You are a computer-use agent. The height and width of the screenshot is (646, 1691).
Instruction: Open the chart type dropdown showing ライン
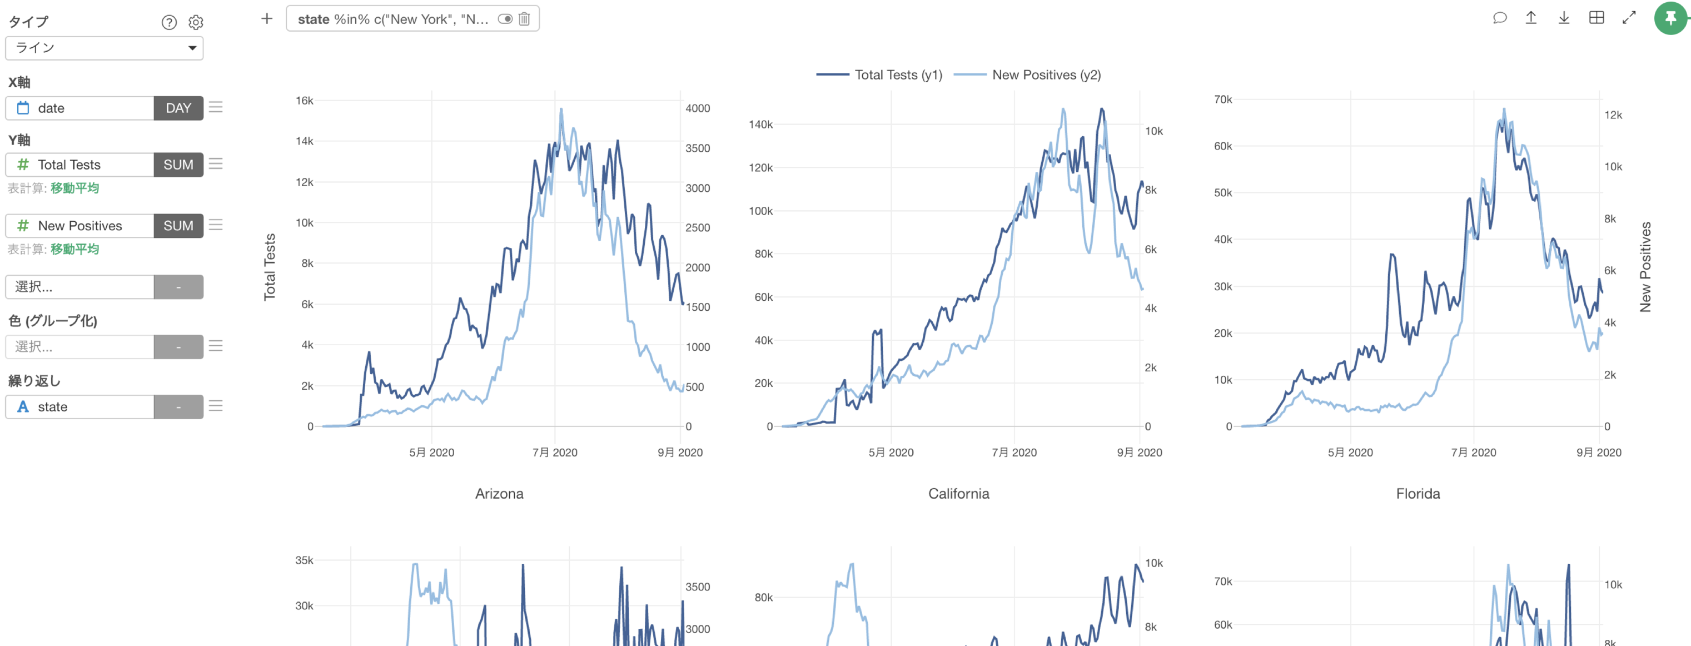[104, 48]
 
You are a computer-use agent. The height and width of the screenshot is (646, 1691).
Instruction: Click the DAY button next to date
[178, 108]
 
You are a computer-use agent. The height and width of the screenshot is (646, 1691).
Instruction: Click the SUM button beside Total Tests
[178, 165]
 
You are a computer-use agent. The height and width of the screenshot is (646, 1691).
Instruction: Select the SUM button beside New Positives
[178, 226]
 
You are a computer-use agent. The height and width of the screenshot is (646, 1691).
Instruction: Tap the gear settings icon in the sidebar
[196, 23]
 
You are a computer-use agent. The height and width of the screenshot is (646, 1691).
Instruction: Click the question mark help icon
[168, 23]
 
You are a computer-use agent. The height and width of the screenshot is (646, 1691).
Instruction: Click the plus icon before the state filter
[266, 19]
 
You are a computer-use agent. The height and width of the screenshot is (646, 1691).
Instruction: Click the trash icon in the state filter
[524, 19]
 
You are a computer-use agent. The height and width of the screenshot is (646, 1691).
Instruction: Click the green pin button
[1670, 18]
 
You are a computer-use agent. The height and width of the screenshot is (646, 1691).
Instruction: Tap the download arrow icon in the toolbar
[1564, 18]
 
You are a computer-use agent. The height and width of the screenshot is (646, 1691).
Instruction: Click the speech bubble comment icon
[1499, 18]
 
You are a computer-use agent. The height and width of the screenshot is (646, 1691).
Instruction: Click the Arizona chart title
[499, 494]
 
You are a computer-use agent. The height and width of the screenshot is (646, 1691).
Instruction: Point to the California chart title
[958, 494]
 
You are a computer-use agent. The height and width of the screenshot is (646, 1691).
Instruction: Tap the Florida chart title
[1418, 494]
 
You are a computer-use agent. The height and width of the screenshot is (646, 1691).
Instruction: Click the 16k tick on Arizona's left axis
[305, 101]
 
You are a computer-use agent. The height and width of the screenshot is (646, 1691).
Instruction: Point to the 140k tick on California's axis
[761, 124]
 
